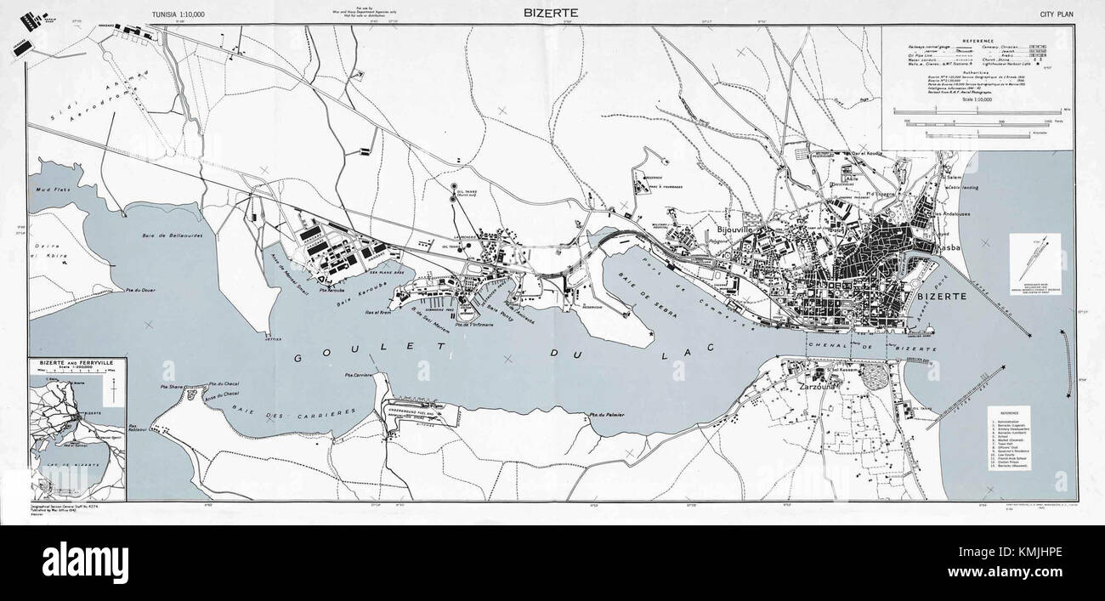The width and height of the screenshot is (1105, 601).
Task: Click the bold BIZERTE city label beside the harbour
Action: (940, 296)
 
